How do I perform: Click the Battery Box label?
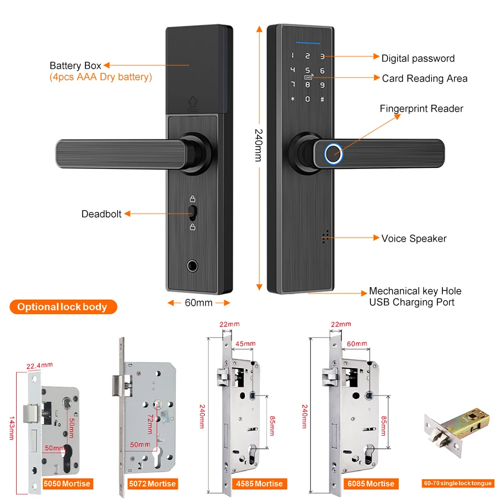tap(75, 66)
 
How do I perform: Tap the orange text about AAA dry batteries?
tap(100, 77)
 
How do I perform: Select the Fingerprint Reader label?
tap(421, 109)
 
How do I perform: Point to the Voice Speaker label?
tap(414, 238)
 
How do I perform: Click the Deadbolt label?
tap(102, 214)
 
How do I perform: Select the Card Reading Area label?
tap(424, 79)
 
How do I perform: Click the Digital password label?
tap(418, 58)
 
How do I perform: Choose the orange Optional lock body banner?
tap(62, 307)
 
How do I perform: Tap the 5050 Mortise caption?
tap(67, 484)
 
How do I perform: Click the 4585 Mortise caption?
tap(260, 484)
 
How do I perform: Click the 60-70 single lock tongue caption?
tap(457, 483)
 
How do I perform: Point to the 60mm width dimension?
tap(199, 303)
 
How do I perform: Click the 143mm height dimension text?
tap(11, 428)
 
